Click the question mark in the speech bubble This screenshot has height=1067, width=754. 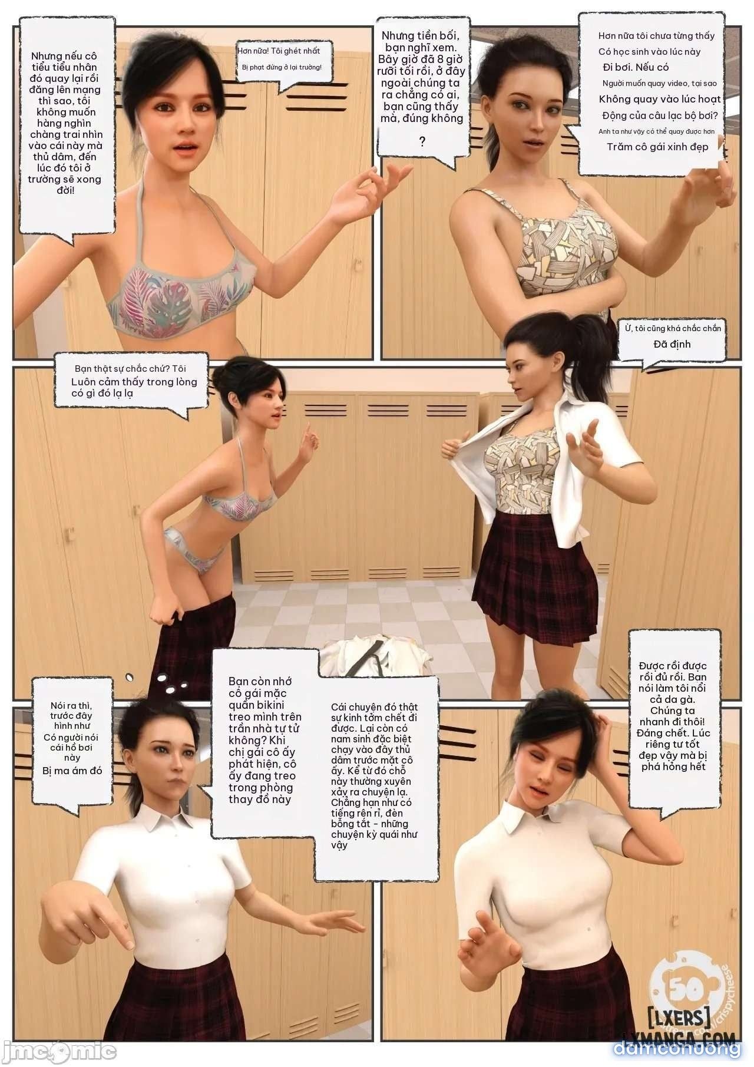pyautogui.click(x=422, y=141)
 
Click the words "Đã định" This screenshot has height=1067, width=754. pyautogui.click(x=672, y=343)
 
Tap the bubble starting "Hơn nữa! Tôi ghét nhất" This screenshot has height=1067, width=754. pyautogui.click(x=281, y=58)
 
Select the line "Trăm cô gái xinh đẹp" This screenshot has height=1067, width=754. pyautogui.click(x=657, y=146)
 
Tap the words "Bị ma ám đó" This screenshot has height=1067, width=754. pyautogui.click(x=72, y=771)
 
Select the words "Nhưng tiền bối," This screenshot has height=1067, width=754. pyautogui.click(x=420, y=36)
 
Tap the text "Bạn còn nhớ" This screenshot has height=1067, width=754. pyautogui.click(x=260, y=681)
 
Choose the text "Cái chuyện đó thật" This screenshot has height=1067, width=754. pyautogui.click(x=374, y=707)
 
